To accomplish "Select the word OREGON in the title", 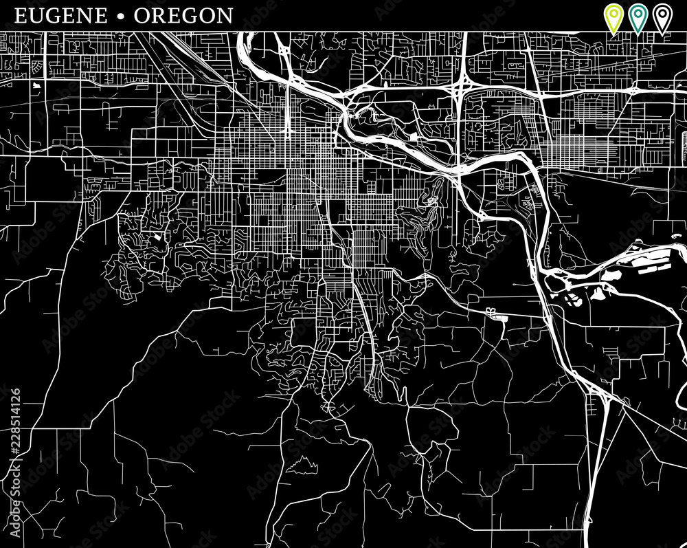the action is tap(183, 16).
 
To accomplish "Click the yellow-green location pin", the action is tap(612, 17).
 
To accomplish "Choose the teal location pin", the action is tap(638, 17).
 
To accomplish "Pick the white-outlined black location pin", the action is tap(662, 17).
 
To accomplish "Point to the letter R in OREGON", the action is tap(159, 16).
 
